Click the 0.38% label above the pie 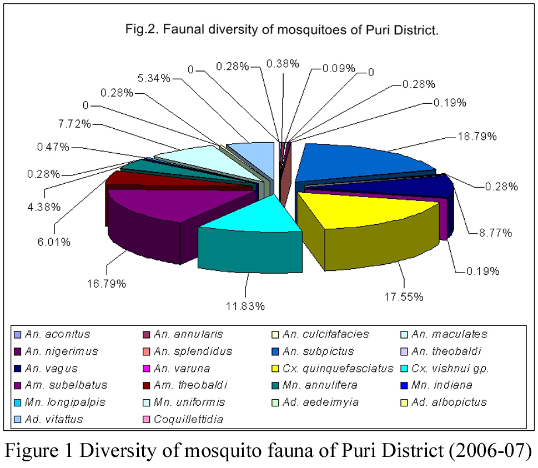click(283, 63)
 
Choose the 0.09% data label click(339, 69)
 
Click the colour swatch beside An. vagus click(17, 369)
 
